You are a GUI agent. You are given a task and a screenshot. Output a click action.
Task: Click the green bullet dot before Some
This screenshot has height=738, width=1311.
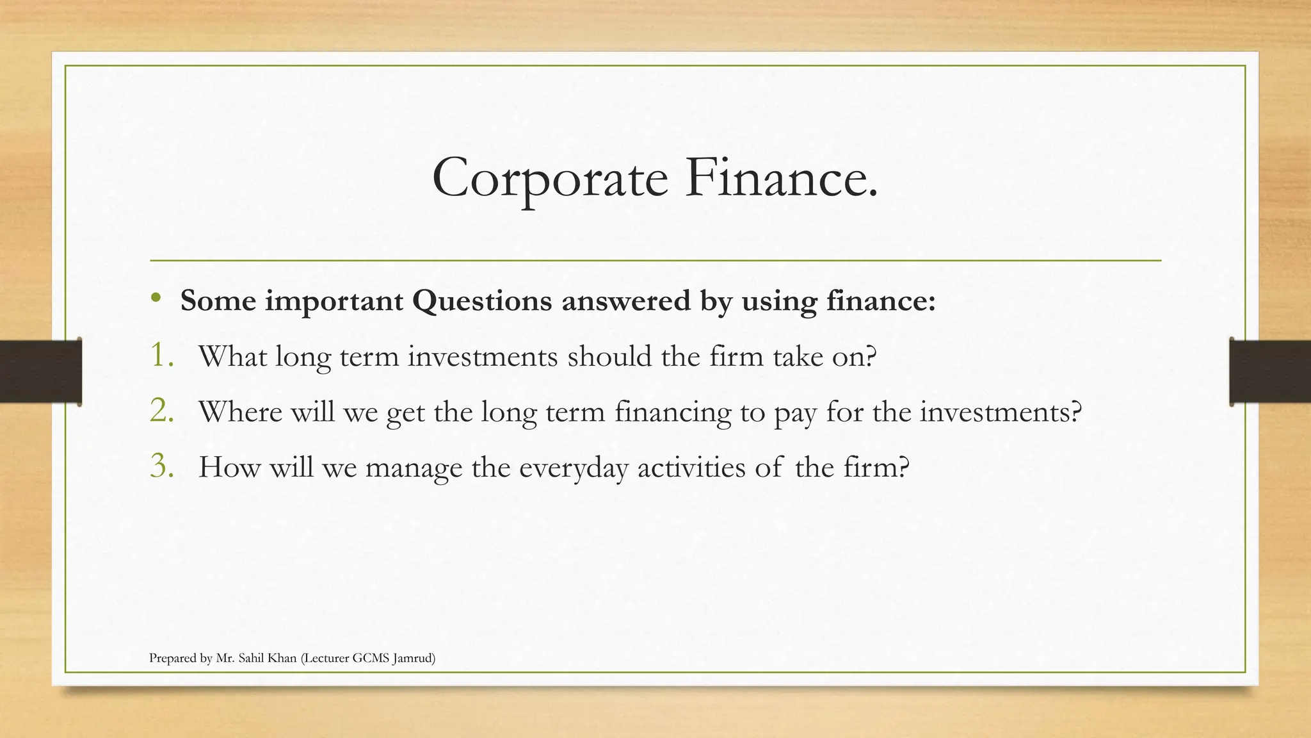[x=156, y=298]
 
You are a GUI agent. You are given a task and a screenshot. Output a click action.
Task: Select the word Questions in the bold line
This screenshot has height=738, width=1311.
[x=481, y=301]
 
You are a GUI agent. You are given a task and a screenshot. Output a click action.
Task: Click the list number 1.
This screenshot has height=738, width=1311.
[x=161, y=356]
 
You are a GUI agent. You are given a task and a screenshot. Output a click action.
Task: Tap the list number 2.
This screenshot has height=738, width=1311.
[x=161, y=411]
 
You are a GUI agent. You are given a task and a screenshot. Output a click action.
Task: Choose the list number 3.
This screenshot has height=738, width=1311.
[x=161, y=467]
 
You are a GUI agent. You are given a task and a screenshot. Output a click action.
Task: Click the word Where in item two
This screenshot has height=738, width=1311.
[x=240, y=411]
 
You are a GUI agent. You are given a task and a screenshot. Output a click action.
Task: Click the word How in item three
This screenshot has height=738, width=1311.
[x=229, y=467]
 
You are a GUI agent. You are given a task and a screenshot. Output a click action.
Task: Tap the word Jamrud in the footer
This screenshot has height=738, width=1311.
[x=414, y=658]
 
